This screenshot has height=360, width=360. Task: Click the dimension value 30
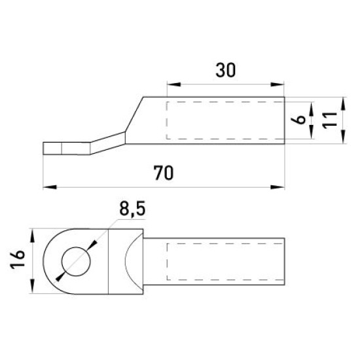[225, 70]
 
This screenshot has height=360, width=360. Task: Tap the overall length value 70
[164, 173]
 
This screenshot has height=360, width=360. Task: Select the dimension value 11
[330, 120]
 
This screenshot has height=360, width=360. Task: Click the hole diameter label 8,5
[132, 209]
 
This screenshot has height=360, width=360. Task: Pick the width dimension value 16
[18, 259]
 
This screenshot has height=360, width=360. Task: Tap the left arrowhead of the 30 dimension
[174, 84]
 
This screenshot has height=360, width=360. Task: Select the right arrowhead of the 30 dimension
[278, 84]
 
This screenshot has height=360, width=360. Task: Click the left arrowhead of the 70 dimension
[50, 187]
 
